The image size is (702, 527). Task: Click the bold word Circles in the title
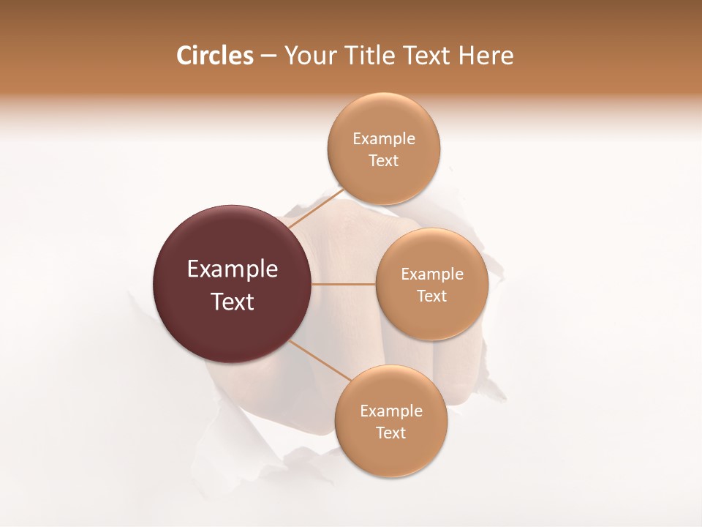pos(214,56)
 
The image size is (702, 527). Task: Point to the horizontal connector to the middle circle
pos(344,284)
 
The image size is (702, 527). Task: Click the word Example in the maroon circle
pos(233,269)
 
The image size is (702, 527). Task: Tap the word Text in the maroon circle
pos(233,302)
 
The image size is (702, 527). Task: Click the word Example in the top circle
pos(384,139)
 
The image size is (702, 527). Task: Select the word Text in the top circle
pos(384,161)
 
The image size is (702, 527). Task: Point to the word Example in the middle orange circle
pos(432,274)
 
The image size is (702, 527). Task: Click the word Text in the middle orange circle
pos(432,296)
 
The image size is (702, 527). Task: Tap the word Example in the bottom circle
pos(391,411)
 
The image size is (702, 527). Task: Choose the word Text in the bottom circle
pos(391,433)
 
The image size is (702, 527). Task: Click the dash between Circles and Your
pos(268,56)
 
